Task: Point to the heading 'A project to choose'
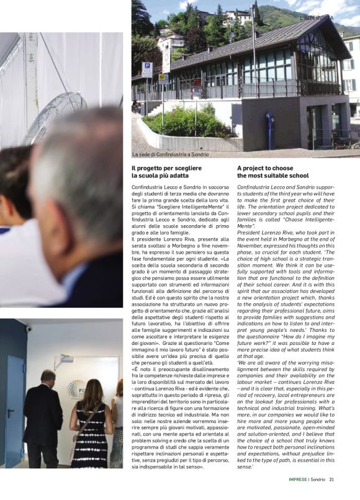pos(265,168)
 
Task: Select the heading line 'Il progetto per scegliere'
pos(166,168)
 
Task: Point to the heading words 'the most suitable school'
pos(272,176)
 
